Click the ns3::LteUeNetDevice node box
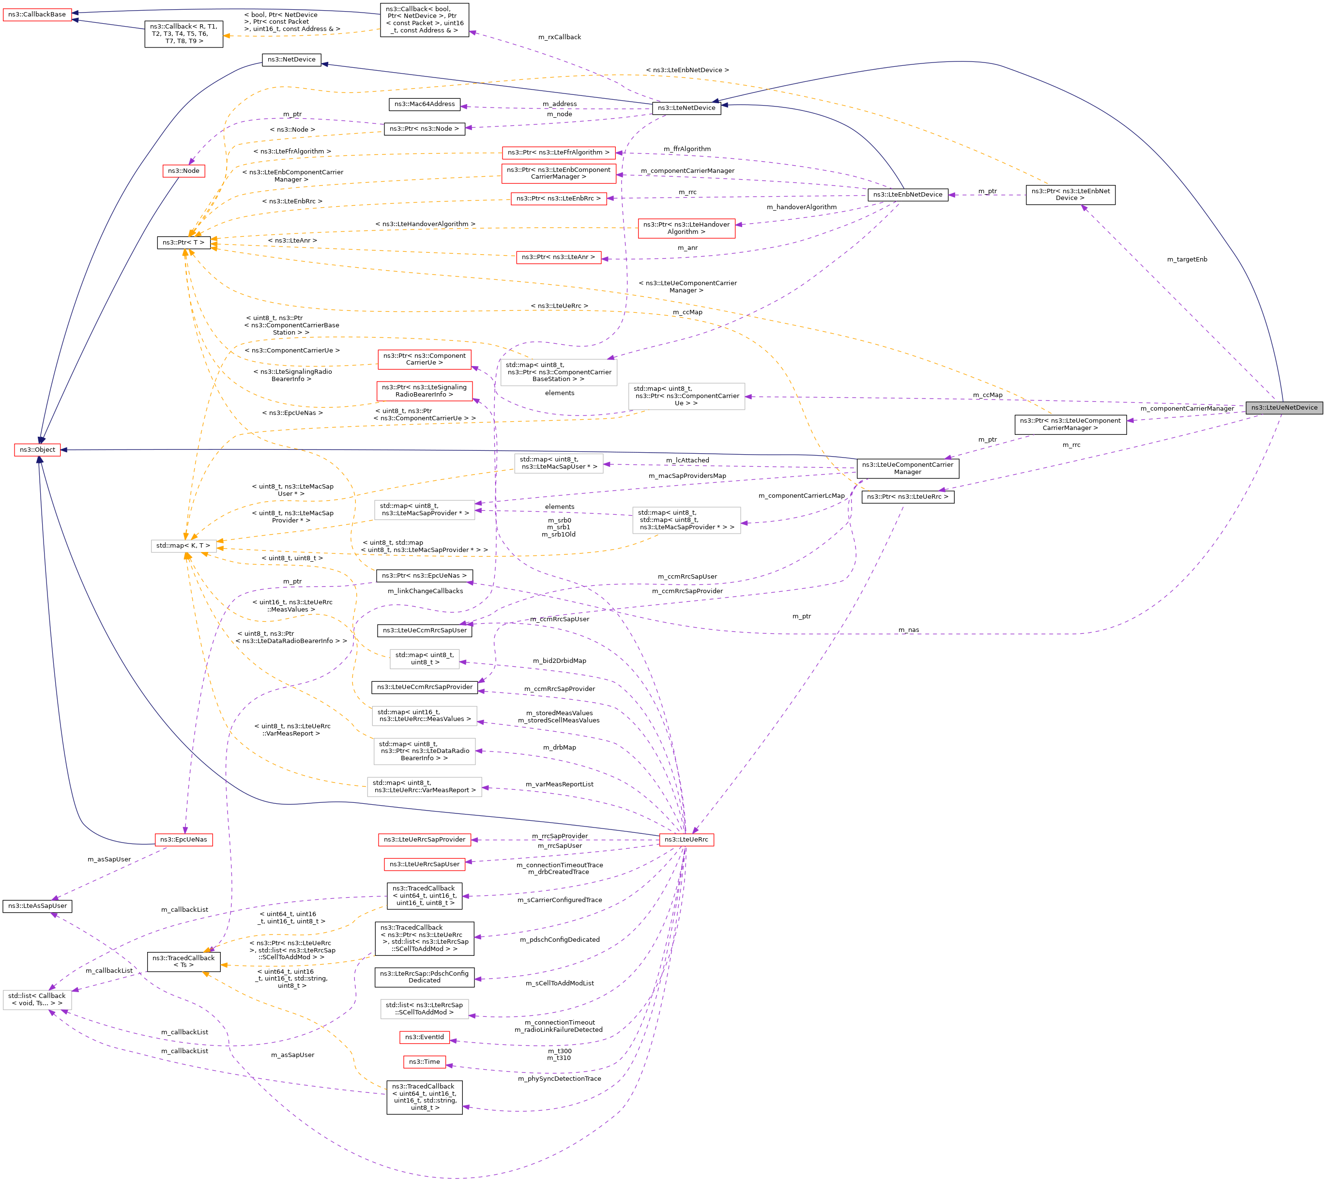[1284, 408]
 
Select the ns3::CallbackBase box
[37, 14]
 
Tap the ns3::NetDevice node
[291, 60]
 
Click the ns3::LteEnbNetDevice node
[908, 195]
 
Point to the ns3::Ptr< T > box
[183, 243]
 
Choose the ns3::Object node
[38, 450]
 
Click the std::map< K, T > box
[183, 546]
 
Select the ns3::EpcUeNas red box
[183, 840]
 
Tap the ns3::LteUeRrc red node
[686, 840]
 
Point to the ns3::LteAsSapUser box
[38, 906]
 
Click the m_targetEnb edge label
[1187, 260]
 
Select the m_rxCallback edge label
[559, 37]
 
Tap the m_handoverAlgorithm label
[801, 207]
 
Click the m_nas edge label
[908, 630]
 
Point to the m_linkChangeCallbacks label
[425, 591]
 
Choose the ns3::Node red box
[183, 170]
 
